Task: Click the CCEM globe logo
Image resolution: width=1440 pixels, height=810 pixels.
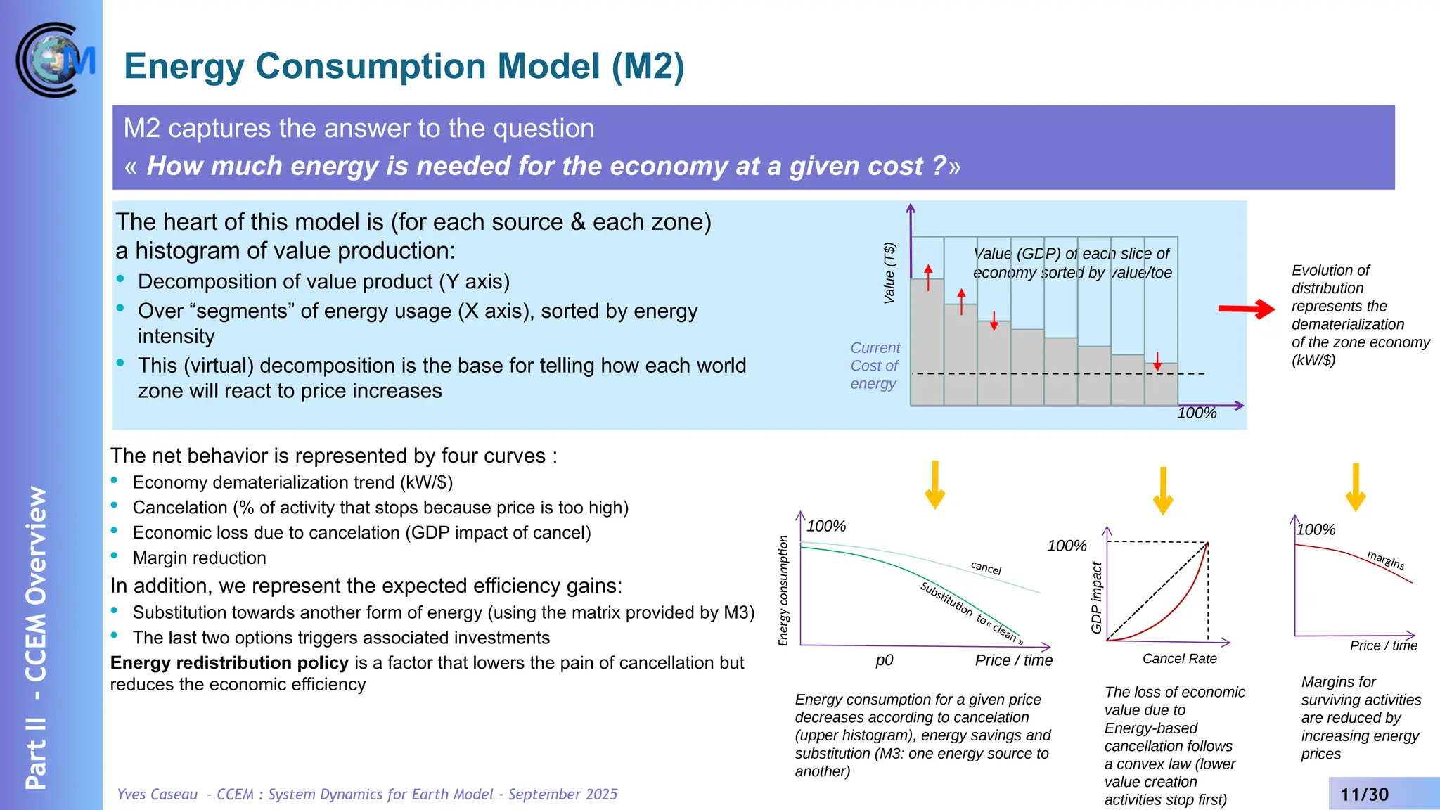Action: coord(55,60)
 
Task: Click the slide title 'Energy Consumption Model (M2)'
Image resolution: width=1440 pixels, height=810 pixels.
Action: coord(404,67)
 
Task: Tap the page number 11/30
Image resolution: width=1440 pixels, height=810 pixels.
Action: coord(1364,795)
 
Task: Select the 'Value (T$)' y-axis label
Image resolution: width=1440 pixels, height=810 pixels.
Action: coord(889,273)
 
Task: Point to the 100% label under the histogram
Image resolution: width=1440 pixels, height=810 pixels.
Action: coord(1197,413)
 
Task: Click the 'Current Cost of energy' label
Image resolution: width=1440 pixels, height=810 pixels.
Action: coord(875,366)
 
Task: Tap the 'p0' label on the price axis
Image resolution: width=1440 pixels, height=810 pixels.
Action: coord(885,660)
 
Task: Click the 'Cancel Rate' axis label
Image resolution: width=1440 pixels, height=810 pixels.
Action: coord(1179,659)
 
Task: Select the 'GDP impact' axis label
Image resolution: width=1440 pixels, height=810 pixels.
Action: coord(1096,598)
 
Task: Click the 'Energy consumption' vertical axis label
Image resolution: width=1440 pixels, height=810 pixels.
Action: coord(783,591)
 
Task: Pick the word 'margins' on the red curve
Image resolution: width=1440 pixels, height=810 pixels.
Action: coord(1385,560)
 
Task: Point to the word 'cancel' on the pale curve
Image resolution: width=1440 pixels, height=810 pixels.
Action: coord(986,567)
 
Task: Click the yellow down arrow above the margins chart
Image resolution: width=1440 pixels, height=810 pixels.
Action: coord(1356,487)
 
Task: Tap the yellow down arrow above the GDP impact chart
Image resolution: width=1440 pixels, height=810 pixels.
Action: coord(1163,490)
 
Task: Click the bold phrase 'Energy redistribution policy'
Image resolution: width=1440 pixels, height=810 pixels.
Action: coord(229,663)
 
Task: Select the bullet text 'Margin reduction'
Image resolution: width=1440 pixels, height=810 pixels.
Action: coord(200,558)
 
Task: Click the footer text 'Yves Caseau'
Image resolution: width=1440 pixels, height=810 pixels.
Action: coord(157,795)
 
